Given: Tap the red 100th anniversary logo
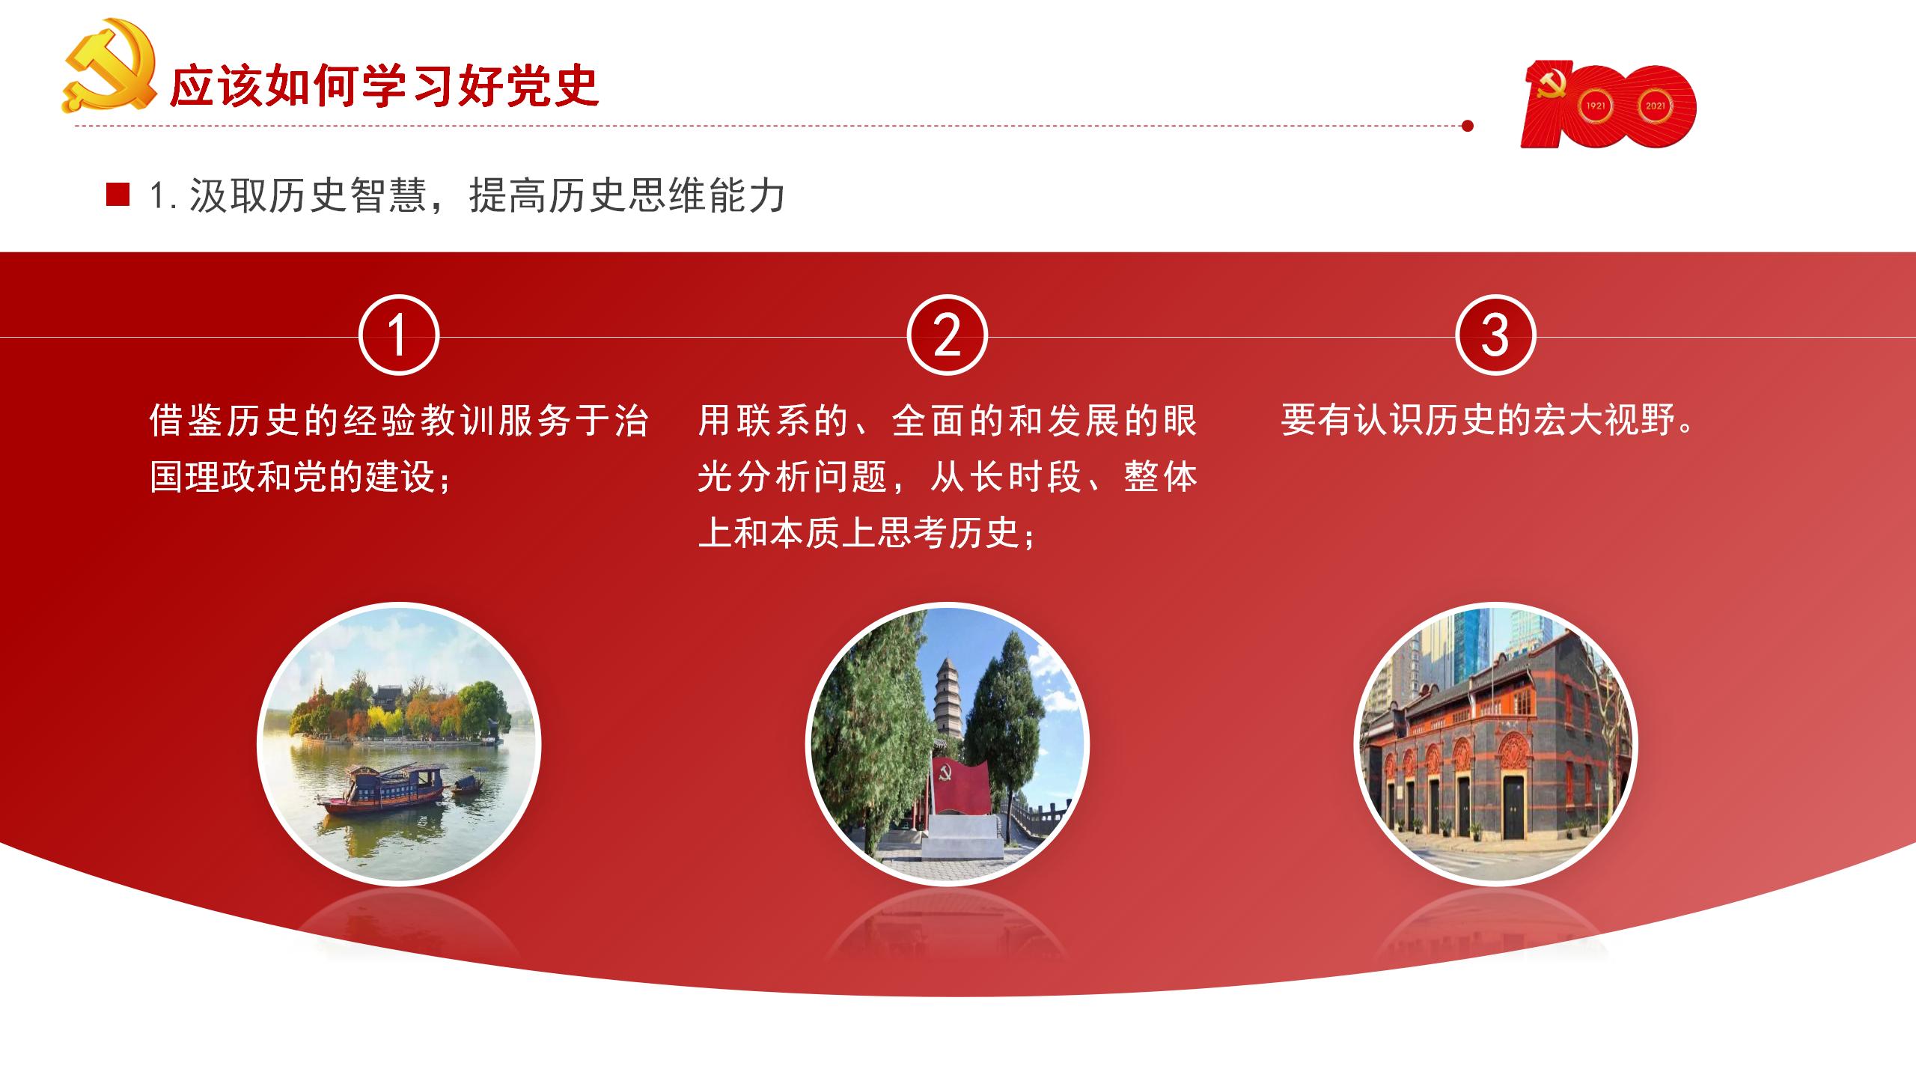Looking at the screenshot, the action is pyautogui.click(x=1608, y=105).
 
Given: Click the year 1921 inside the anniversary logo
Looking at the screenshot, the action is pyautogui.click(x=1596, y=106).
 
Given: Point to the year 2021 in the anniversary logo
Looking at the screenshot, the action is pyautogui.click(x=1656, y=106).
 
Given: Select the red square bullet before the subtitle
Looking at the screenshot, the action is pyautogui.click(x=118, y=195).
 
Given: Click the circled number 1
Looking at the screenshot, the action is pyautogui.click(x=399, y=335).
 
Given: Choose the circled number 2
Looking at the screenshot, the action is pyautogui.click(x=948, y=335).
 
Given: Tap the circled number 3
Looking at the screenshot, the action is pyautogui.click(x=1495, y=335).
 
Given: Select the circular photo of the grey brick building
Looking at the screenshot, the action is pyautogui.click(x=1496, y=744).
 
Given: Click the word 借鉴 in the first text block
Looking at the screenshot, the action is pyautogui.click(x=187, y=420).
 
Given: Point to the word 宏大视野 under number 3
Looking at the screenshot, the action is pyautogui.click(x=1601, y=420).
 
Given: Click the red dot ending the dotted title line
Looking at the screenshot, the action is pyautogui.click(x=1468, y=126).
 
